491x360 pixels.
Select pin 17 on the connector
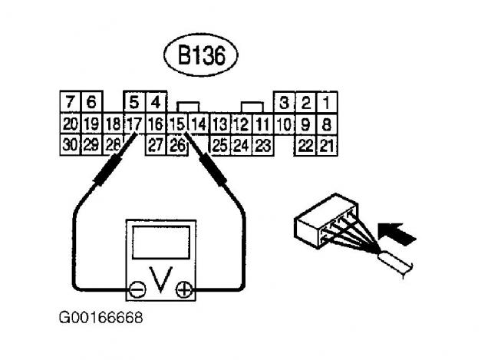pyautogui.click(x=134, y=123)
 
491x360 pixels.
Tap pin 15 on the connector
pyautogui.click(x=178, y=123)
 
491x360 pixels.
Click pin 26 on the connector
pyautogui.click(x=178, y=144)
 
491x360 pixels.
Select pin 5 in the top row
pyautogui.click(x=134, y=102)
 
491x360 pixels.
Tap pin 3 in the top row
pyautogui.click(x=285, y=102)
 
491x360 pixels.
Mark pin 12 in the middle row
pyautogui.click(x=240, y=123)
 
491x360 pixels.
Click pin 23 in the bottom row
pyautogui.click(x=262, y=144)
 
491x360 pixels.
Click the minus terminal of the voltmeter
pyautogui.click(x=137, y=290)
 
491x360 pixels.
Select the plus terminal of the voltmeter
pyautogui.click(x=183, y=290)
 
